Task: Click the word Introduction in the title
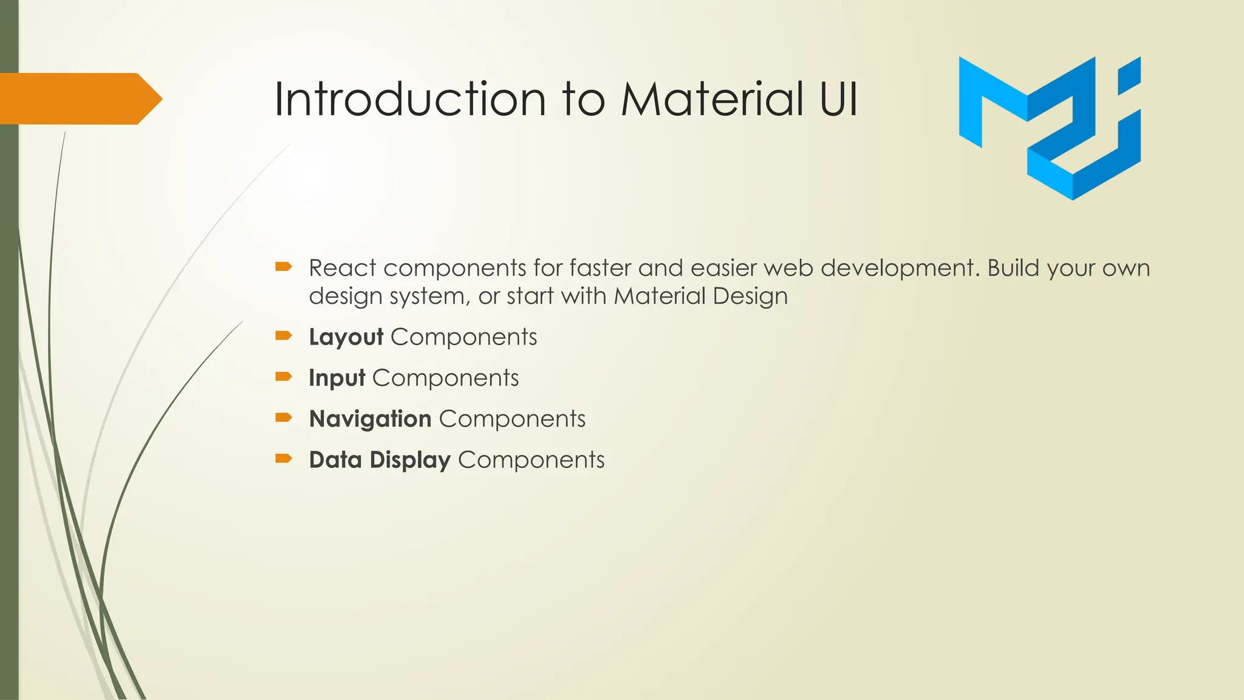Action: [410, 99]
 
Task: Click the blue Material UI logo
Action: [1050, 128]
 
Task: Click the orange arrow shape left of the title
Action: [79, 98]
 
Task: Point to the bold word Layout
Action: [346, 337]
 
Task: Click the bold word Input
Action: [337, 378]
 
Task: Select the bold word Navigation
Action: [370, 419]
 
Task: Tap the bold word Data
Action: [335, 460]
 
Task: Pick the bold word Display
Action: [410, 460]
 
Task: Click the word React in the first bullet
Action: [342, 268]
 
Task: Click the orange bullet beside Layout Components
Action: [284, 336]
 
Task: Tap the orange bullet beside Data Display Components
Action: [284, 459]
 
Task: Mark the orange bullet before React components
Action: [284, 267]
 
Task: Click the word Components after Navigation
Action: [512, 419]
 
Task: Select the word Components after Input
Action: [445, 378]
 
